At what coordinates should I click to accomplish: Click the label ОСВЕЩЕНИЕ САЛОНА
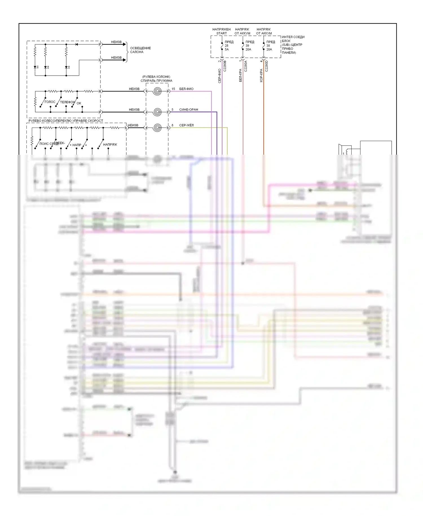140,50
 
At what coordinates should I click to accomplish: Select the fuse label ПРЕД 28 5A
229,45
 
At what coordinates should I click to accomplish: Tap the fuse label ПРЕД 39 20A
249,45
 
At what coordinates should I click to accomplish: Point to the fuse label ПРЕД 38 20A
270,45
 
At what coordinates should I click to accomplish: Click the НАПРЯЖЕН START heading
221,31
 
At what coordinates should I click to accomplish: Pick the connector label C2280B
225,66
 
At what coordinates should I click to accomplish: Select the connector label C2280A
246,66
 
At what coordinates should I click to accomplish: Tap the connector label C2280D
266,66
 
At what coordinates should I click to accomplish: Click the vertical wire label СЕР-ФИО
219,76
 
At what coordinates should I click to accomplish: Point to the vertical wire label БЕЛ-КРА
240,75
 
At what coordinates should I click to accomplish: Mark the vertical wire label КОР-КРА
261,75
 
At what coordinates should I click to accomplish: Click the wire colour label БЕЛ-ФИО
186,89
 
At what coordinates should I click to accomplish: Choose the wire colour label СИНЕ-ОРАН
188,110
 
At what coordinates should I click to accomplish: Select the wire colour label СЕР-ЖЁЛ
186,125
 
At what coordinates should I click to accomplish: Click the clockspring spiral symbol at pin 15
157,91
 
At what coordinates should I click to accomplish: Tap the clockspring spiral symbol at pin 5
157,112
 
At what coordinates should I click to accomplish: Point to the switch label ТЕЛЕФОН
67,102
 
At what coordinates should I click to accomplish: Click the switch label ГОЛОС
50,102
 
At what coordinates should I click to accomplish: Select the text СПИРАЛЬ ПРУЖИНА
156,81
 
